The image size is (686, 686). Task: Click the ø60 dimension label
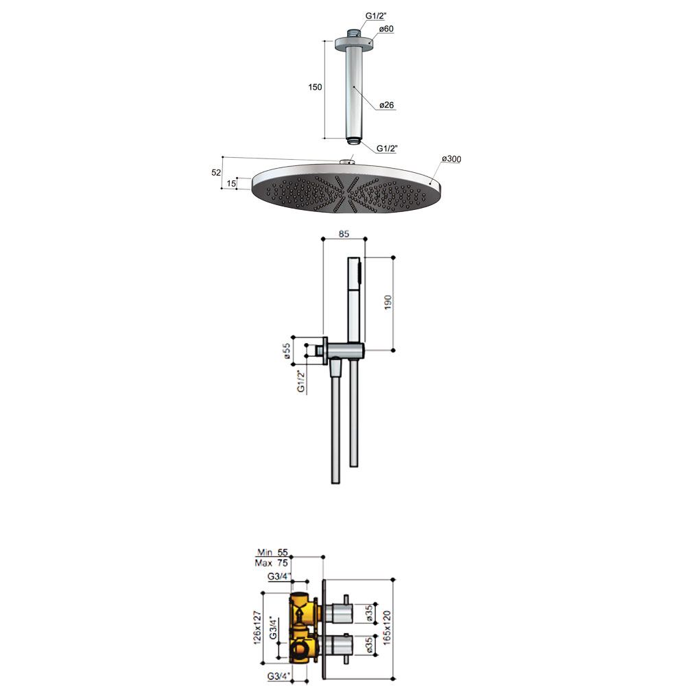(x=386, y=29)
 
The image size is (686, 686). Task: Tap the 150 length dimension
(x=315, y=87)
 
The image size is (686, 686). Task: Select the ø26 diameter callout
(x=386, y=105)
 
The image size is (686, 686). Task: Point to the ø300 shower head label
(x=451, y=158)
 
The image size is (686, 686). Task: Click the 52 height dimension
(x=216, y=172)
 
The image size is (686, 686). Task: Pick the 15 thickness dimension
(x=231, y=183)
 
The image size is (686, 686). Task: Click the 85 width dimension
(x=344, y=234)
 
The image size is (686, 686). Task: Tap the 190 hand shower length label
(x=388, y=303)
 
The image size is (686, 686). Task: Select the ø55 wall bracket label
(x=287, y=351)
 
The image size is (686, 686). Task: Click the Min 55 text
(x=272, y=552)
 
